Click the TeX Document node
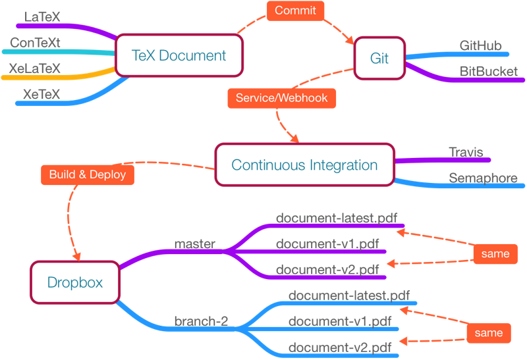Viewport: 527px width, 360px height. point(179,56)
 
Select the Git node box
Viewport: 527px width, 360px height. point(379,59)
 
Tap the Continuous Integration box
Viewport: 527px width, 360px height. point(304,165)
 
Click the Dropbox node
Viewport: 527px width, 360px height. point(75,282)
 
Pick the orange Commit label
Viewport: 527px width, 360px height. point(295,11)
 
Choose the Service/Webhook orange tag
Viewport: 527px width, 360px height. point(282,98)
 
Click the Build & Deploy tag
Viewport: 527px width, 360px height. point(87,175)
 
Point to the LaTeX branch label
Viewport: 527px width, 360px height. point(42,16)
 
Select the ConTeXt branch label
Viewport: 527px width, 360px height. point(35,43)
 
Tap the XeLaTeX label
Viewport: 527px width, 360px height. point(35,68)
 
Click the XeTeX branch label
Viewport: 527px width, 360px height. point(42,95)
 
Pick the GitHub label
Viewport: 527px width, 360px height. point(480,46)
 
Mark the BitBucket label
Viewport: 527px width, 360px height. point(488,71)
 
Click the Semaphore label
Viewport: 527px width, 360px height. point(483,178)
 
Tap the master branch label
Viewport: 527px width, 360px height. point(194,244)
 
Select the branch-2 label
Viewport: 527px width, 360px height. point(201,321)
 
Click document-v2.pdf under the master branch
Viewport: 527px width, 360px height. point(327,269)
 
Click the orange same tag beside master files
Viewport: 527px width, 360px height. point(495,253)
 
